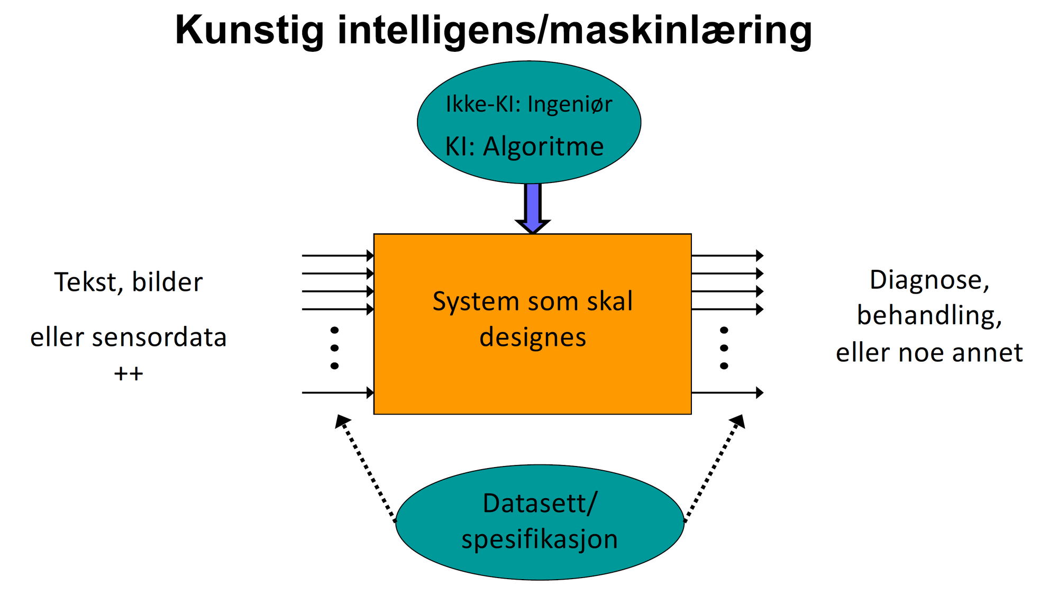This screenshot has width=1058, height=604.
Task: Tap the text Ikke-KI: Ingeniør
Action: pos(528,104)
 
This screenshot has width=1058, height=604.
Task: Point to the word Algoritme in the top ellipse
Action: pos(543,147)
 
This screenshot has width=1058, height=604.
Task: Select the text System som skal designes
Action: pos(533,319)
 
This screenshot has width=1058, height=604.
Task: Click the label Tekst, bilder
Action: pos(129,282)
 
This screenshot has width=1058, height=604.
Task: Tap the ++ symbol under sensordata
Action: pos(129,373)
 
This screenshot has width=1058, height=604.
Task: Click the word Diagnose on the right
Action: pos(929,280)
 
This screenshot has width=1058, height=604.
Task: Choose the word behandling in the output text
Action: pos(929,316)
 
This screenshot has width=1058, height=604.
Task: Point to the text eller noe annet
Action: pos(929,353)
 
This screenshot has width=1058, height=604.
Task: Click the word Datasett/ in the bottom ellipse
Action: pos(540,504)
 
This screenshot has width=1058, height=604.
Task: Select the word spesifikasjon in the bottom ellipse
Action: pos(540,539)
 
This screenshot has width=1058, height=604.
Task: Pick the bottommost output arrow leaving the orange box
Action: pos(727,392)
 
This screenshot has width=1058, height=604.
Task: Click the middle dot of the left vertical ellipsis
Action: pos(334,348)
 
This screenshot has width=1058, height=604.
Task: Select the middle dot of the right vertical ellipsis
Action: pos(724,348)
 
